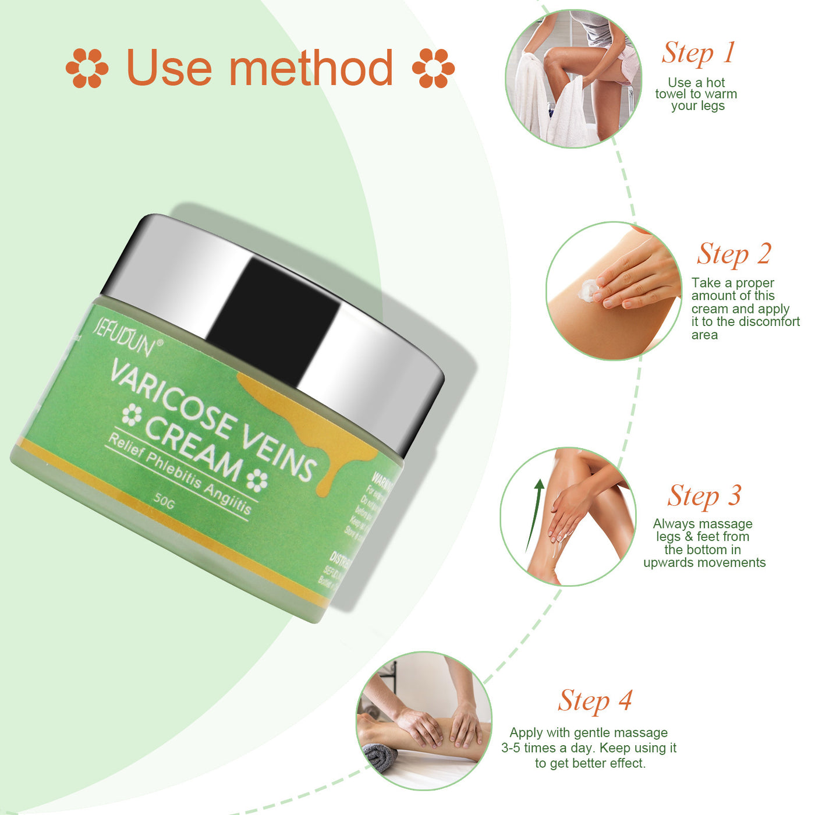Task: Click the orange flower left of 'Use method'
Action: pyautogui.click(x=87, y=68)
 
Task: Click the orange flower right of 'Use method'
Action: pyautogui.click(x=433, y=68)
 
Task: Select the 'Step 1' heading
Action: pyautogui.click(x=698, y=53)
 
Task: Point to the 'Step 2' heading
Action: pyautogui.click(x=734, y=254)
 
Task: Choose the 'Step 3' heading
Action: pyautogui.click(x=704, y=497)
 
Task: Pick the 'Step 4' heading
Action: pyautogui.click(x=595, y=701)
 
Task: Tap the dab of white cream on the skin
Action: pyautogui.click(x=588, y=289)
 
